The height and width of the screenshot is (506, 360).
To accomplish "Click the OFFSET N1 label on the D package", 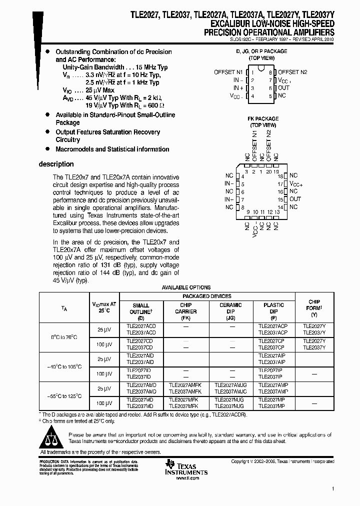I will point(228,72).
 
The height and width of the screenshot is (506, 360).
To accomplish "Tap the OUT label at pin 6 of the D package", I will point(283,88).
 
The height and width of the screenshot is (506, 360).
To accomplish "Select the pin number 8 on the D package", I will point(269,72).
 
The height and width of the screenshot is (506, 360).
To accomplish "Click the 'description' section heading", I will point(56,164).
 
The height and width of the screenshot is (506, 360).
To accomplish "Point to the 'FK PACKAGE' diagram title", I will point(262,119).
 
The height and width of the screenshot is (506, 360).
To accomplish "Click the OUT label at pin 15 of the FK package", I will point(295,199).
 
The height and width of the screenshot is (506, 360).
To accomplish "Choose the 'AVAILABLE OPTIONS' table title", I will point(186,287).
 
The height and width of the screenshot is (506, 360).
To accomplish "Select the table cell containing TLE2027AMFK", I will point(186,386).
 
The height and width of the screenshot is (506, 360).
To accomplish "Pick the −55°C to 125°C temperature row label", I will point(63,395).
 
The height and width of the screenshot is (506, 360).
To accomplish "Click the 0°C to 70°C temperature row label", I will point(63,337).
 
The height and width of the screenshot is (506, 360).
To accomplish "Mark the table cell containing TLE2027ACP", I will point(272,326).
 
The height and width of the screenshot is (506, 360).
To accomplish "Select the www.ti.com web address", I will point(188,478).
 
